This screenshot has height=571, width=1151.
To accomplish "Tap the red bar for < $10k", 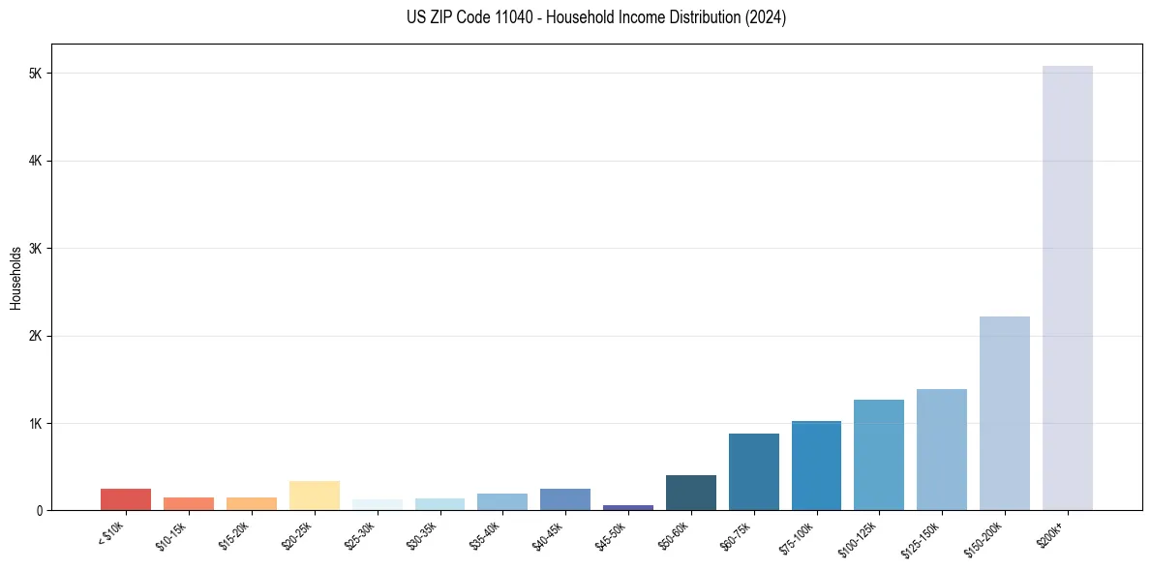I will tap(126, 499).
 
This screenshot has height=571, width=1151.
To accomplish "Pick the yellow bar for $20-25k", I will tap(314, 496).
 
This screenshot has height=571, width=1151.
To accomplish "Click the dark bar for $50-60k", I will tap(690, 493).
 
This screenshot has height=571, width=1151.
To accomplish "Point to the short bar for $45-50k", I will tap(627, 507).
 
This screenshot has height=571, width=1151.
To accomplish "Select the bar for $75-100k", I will tap(816, 466).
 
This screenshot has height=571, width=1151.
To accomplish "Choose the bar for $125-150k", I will tap(941, 449).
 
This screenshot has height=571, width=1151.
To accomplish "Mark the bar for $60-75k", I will tap(753, 471).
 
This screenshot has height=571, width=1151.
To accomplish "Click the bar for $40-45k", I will tap(565, 499).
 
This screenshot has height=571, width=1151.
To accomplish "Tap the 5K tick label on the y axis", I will tap(37, 74).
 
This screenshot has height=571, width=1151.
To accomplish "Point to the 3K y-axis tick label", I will tap(37, 249).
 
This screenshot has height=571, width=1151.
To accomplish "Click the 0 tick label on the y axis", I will tap(40, 510).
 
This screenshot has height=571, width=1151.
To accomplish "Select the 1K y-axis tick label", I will tap(37, 423).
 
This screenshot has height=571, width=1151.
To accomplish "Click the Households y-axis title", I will tap(15, 278).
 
